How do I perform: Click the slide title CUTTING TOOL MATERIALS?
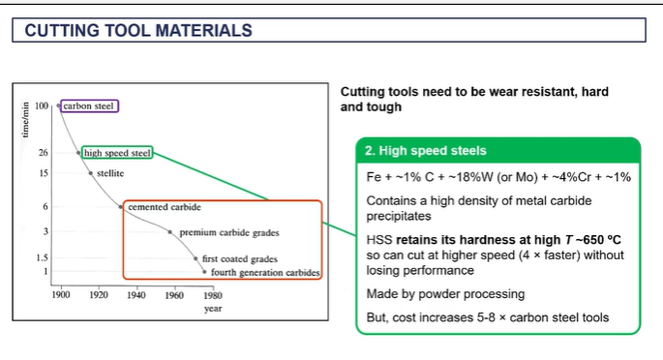pos(138,31)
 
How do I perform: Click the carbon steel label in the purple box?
pos(89,105)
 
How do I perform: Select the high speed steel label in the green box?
pos(117,153)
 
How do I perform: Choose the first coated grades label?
pos(240,259)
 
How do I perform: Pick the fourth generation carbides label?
pos(263,273)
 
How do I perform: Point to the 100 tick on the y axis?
pos(42,105)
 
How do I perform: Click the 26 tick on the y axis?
pos(44,153)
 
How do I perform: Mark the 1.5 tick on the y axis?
pos(43,258)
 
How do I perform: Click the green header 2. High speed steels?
pos(426,151)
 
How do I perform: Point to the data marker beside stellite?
pos(91,173)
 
